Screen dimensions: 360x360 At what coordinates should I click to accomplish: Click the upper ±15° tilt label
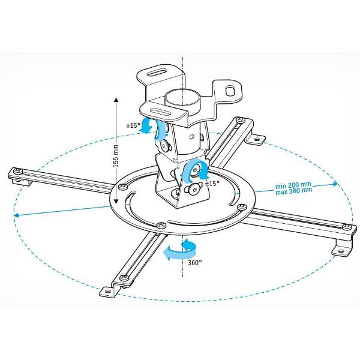[x=133, y=127]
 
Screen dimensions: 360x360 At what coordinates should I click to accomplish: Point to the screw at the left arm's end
[x=17, y=172]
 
